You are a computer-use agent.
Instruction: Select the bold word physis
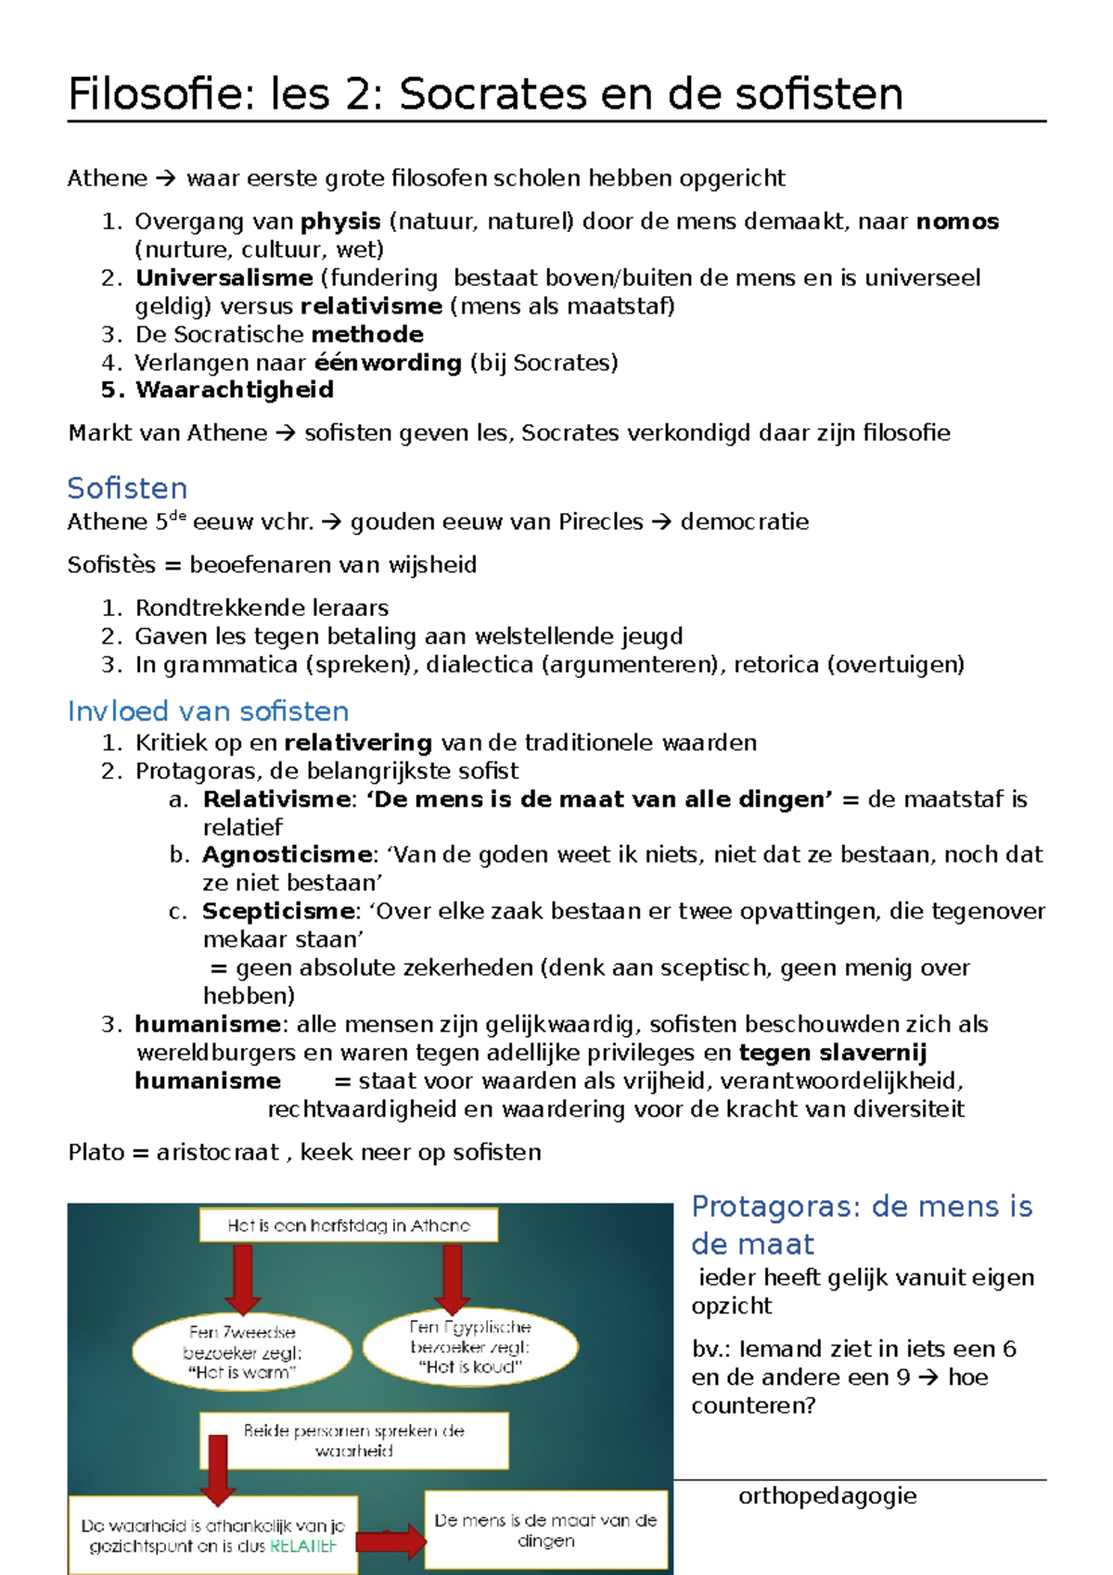tap(340, 222)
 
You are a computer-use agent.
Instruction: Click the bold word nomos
tap(957, 222)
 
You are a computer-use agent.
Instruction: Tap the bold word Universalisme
tap(224, 278)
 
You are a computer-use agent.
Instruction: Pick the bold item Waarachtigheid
tap(234, 390)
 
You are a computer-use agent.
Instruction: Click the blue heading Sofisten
tap(127, 488)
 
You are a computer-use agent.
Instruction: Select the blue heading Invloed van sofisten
tap(208, 711)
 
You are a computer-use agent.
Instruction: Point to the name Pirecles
tap(600, 522)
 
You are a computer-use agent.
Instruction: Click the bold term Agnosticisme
tap(288, 854)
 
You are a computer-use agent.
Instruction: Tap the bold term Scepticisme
tap(278, 911)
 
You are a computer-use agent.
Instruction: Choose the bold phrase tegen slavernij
tap(832, 1053)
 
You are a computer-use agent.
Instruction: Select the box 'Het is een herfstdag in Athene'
tap(349, 1225)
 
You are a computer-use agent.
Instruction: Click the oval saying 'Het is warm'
tap(242, 1352)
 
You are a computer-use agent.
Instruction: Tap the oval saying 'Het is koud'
tap(470, 1347)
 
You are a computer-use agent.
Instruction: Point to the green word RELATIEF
tap(302, 1546)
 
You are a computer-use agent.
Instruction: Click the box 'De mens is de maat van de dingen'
tap(545, 1530)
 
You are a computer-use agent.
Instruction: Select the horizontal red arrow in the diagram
tap(390, 1542)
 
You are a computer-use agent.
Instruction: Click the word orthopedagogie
tap(827, 1495)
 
